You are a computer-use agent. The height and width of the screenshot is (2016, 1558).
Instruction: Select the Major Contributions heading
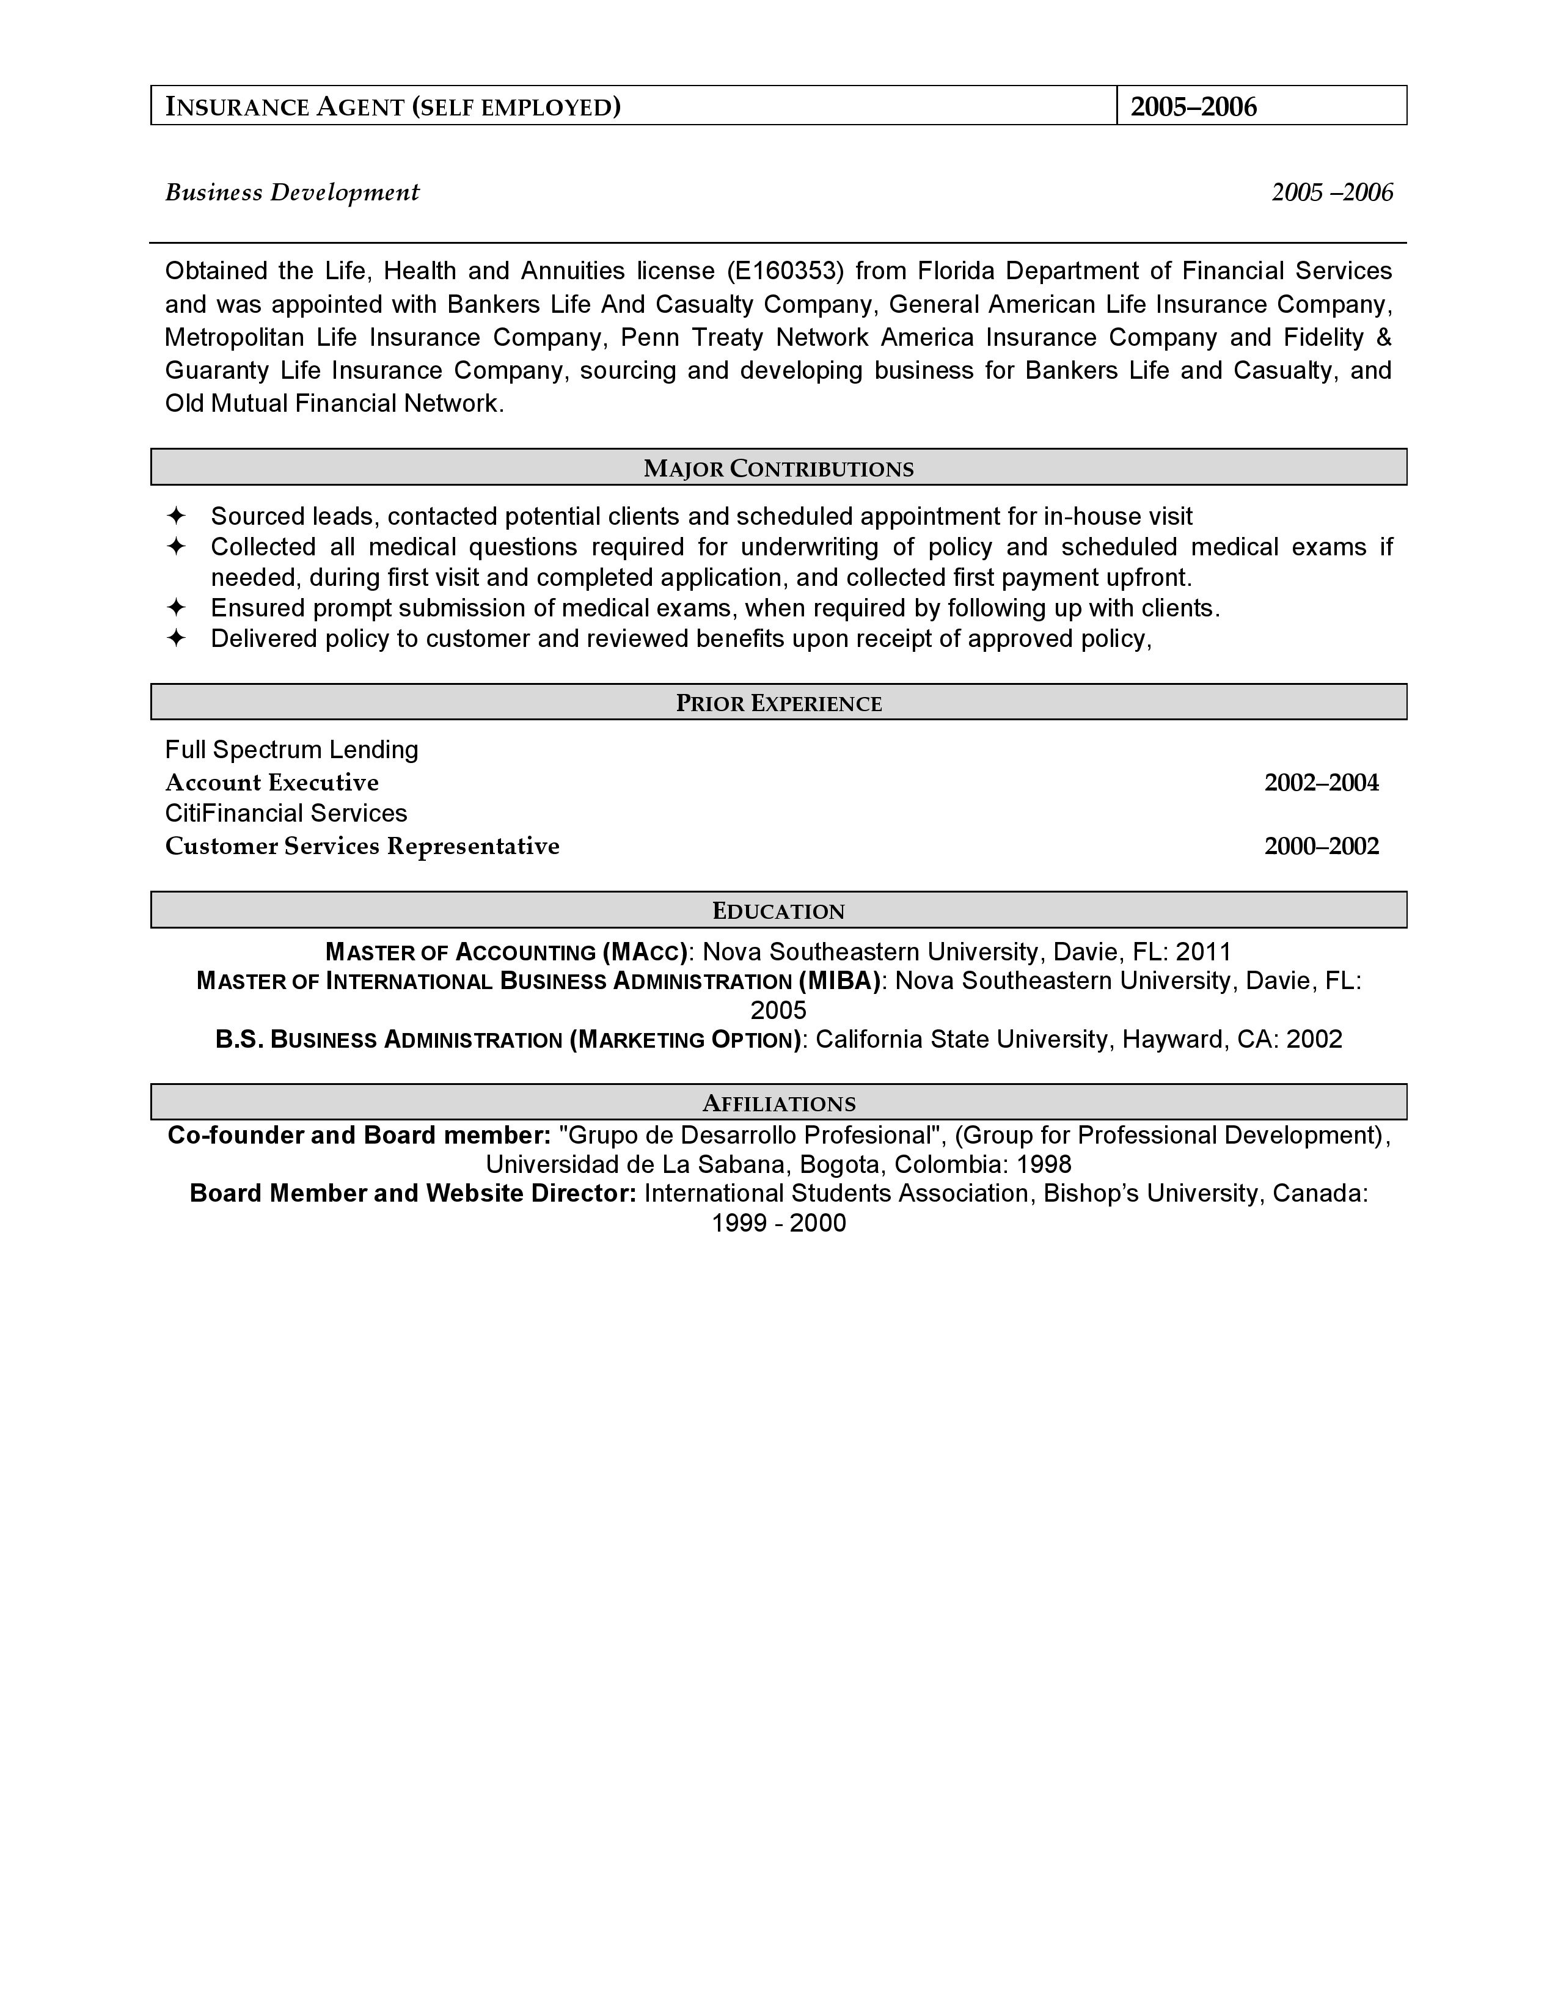(778, 469)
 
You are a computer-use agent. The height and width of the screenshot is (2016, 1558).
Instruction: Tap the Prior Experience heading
(778, 703)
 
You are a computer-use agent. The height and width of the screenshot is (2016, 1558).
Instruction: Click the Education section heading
(778, 911)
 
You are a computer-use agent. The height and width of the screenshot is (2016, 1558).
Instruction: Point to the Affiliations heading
(778, 1104)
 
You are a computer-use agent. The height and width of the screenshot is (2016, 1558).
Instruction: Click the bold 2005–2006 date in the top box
(1193, 107)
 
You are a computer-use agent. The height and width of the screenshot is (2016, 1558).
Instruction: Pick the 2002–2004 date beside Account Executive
(1321, 783)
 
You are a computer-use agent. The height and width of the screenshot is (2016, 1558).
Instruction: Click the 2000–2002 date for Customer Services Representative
(1321, 847)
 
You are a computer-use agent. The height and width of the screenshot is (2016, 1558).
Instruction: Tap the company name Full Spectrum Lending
(291, 750)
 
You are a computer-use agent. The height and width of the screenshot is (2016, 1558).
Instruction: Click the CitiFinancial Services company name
(286, 813)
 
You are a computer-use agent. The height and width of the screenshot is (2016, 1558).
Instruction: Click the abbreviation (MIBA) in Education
(840, 981)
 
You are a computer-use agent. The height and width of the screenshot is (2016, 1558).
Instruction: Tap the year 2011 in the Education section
(1204, 952)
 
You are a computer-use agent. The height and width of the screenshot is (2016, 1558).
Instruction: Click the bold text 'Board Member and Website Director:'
(412, 1194)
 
